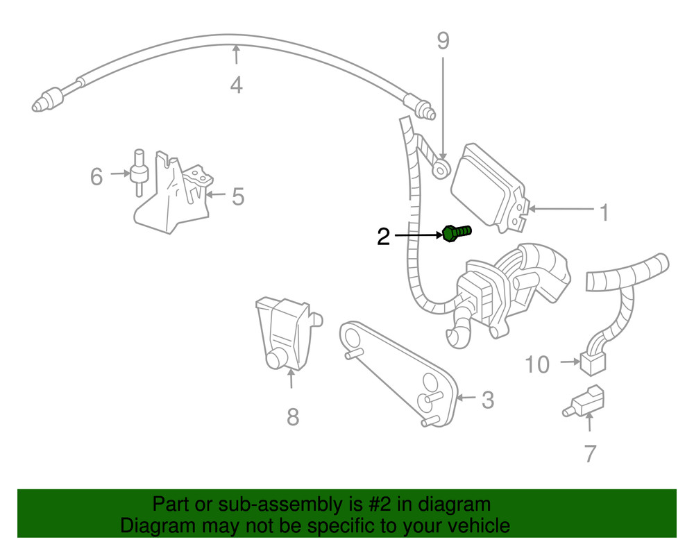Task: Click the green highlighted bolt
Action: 455,233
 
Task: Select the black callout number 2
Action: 383,237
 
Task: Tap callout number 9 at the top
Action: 443,42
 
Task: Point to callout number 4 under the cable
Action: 236,85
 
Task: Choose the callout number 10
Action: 537,364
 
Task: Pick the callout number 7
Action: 590,453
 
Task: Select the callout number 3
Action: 487,400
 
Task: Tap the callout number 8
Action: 292,416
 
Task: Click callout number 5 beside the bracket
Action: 237,197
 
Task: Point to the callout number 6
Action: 96,176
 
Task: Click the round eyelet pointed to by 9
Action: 441,167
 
